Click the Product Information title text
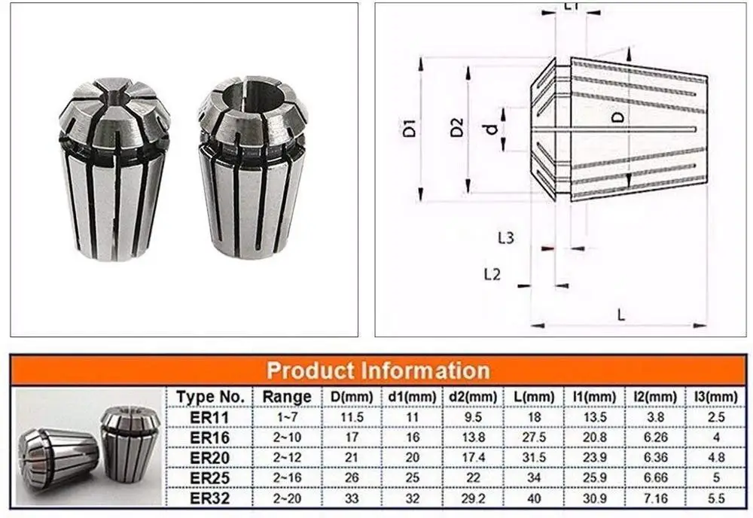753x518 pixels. click(x=378, y=370)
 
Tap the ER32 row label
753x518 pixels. click(x=210, y=496)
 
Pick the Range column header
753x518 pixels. click(x=287, y=397)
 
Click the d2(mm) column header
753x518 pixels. click(x=473, y=397)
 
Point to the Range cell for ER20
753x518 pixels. click(x=287, y=457)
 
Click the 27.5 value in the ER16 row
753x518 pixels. click(x=534, y=437)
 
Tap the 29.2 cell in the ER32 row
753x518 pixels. click(x=473, y=496)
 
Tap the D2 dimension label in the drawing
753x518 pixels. click(x=456, y=129)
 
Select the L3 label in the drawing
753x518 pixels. click(x=506, y=238)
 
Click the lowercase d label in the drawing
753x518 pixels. click(x=491, y=129)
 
